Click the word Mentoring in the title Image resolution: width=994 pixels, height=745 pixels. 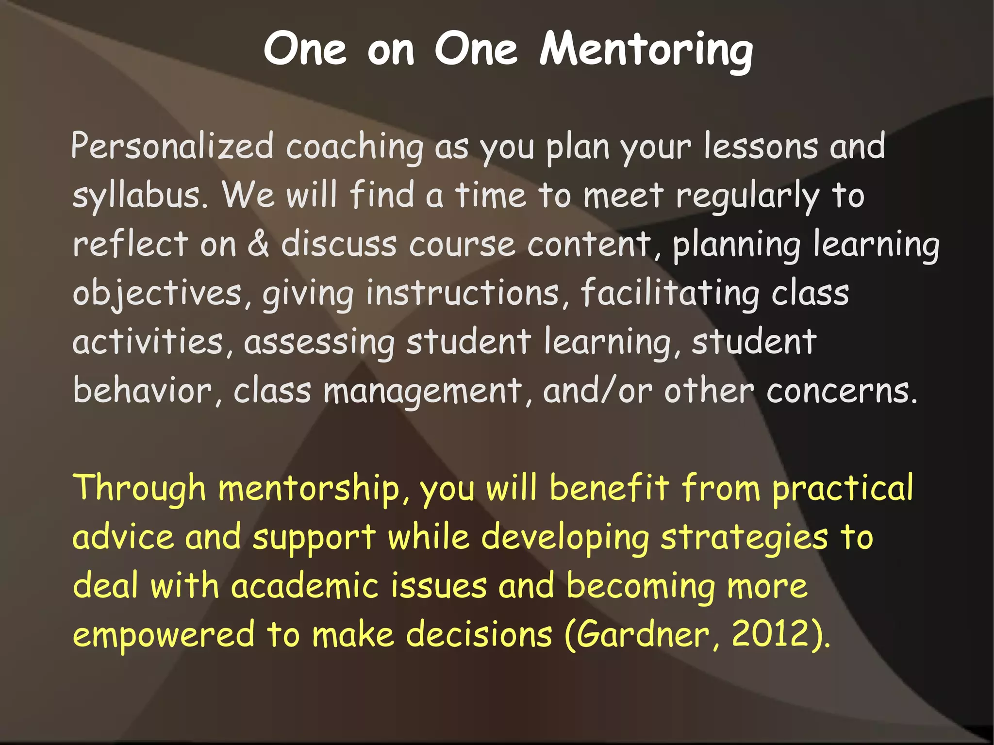point(646,50)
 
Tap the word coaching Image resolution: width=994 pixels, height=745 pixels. point(354,147)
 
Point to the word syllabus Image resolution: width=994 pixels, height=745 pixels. point(141,196)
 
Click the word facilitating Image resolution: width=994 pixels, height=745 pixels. point(670,294)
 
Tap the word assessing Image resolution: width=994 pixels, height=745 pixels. point(319,343)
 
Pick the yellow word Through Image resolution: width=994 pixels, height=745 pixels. point(139,488)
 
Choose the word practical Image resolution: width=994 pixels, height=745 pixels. point(843,488)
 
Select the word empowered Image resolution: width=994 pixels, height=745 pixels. point(164,635)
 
